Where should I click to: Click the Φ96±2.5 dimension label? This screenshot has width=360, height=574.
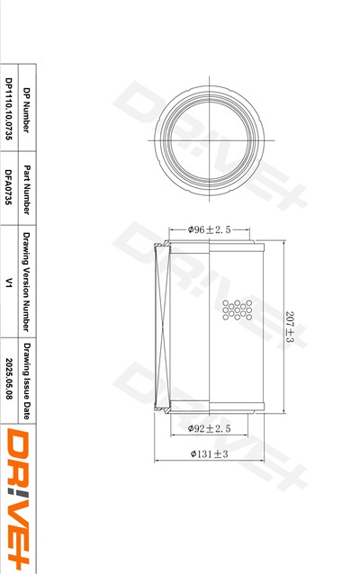[x=209, y=230]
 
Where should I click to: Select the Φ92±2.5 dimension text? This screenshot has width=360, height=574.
[x=209, y=428]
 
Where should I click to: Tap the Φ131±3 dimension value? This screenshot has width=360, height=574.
[x=209, y=454]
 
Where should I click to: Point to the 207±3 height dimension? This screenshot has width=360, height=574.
[x=290, y=327]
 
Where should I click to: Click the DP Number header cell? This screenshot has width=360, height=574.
[x=26, y=110]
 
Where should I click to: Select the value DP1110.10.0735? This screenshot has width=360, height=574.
[x=9, y=109]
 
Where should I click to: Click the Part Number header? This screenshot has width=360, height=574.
[x=26, y=189]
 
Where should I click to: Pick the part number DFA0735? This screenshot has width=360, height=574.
[x=9, y=187]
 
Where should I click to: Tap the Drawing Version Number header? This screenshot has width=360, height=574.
[x=26, y=282]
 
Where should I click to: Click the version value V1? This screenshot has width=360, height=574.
[x=9, y=283]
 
